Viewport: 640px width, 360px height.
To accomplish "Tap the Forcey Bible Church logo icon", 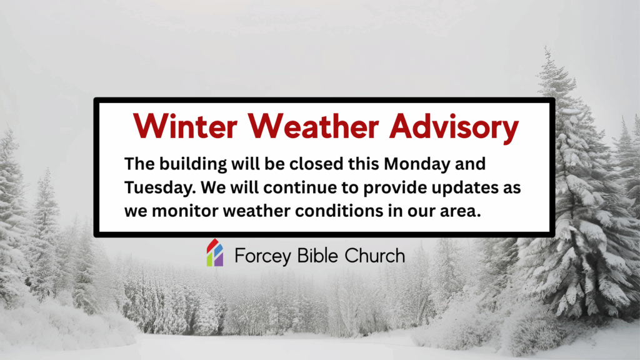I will pyautogui.click(x=215, y=254).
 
